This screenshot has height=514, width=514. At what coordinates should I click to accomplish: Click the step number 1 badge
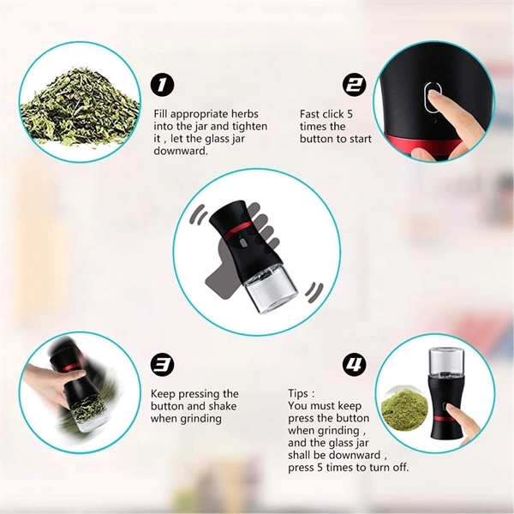pyautogui.click(x=162, y=85)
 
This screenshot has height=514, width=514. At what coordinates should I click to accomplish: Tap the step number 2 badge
pyautogui.click(x=354, y=85)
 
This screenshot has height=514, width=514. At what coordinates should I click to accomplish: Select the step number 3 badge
pyautogui.click(x=162, y=365)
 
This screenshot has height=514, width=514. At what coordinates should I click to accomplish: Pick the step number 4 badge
pyautogui.click(x=354, y=365)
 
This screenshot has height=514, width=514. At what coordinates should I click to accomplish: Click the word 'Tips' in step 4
pyautogui.click(x=298, y=393)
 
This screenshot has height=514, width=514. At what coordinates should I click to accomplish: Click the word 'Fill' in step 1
pyautogui.click(x=161, y=114)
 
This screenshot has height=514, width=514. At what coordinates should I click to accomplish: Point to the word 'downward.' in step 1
pyautogui.click(x=181, y=151)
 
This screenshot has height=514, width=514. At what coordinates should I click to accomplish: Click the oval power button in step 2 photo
pyautogui.click(x=433, y=96)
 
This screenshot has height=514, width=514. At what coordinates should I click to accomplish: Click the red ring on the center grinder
pyautogui.click(x=239, y=230)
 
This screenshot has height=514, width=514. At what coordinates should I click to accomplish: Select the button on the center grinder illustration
pyautogui.click(x=243, y=243)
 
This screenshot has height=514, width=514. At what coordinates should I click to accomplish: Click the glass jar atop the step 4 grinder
pyautogui.click(x=446, y=362)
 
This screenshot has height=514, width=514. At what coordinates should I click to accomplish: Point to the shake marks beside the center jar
pyautogui.click(x=314, y=292)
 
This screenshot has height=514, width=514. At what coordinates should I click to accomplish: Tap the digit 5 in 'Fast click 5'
pyautogui.click(x=350, y=114)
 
